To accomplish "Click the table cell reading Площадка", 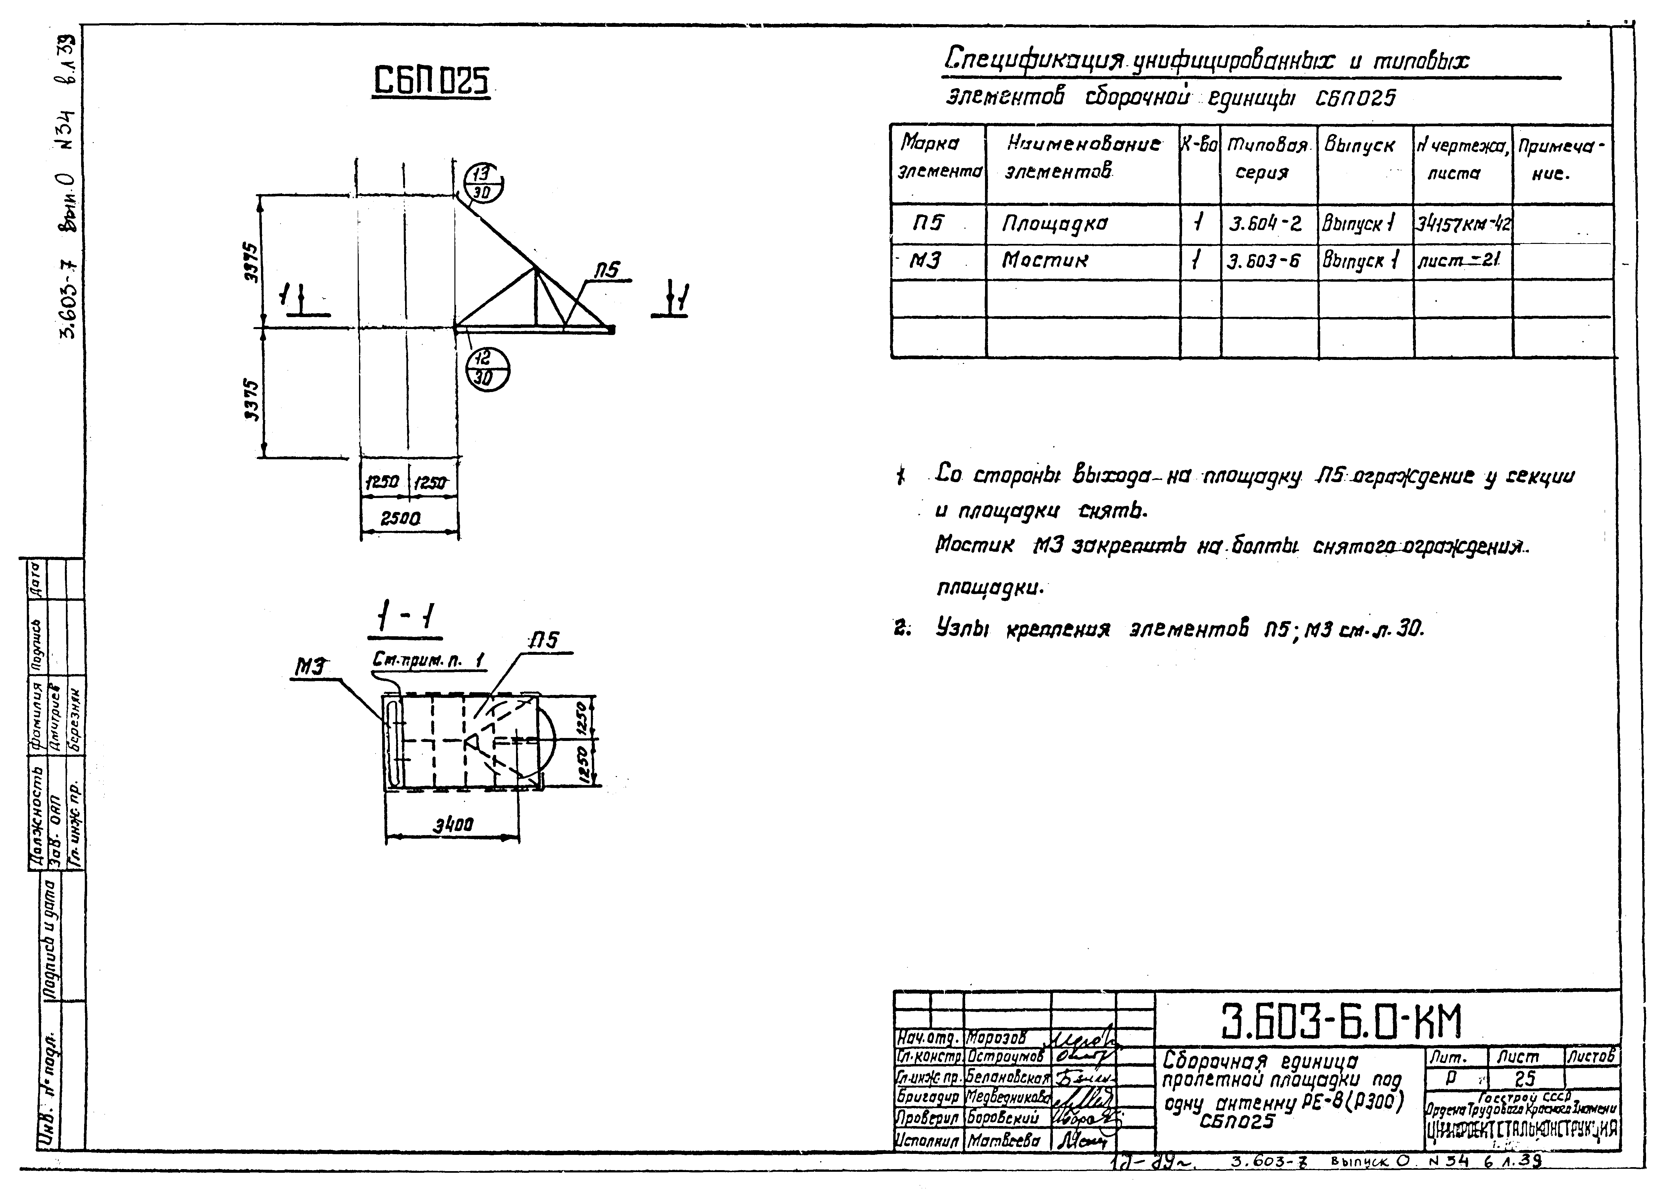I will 1054,224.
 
